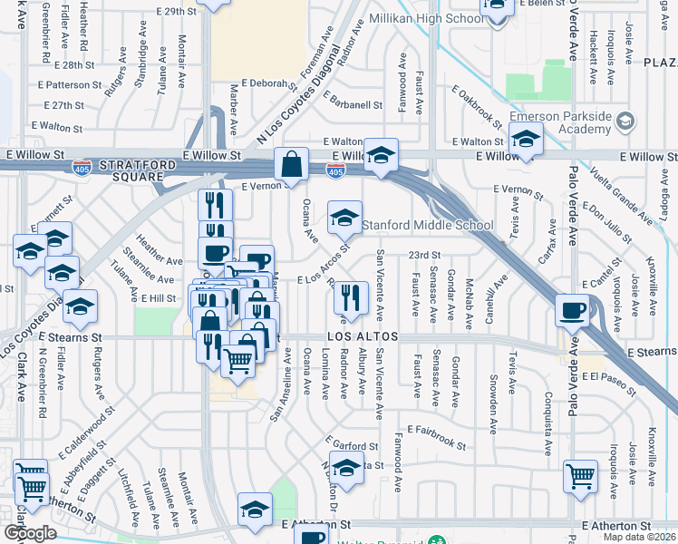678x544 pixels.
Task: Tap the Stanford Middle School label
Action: pyautogui.click(x=428, y=225)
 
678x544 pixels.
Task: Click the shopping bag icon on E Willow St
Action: pyautogui.click(x=291, y=165)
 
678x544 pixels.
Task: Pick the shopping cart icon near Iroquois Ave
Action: pyautogui.click(x=580, y=475)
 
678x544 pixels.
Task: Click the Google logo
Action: pyautogui.click(x=30, y=533)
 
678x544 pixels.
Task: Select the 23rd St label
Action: pyautogui.click(x=424, y=256)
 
